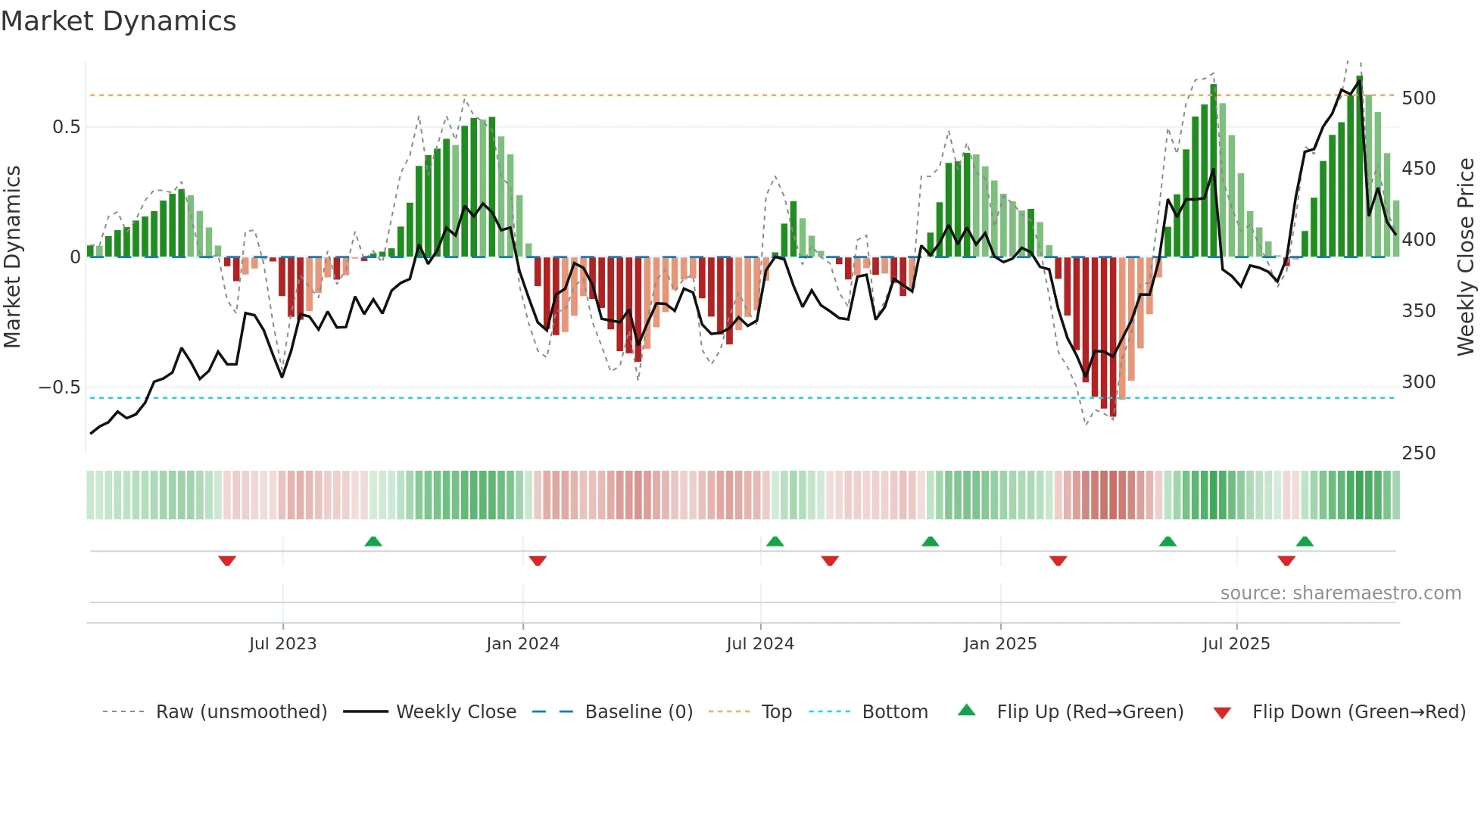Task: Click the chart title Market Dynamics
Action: pos(119,21)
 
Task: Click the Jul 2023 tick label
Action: pos(282,644)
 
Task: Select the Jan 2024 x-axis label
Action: pos(522,644)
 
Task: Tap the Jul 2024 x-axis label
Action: pos(760,644)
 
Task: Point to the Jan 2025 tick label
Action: pos(1000,644)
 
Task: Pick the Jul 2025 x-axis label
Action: pos(1236,644)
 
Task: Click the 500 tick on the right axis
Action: pos(1418,98)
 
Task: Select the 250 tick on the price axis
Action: pos(1418,453)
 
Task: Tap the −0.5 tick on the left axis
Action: pos(60,387)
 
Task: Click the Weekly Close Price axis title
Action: pos(1466,257)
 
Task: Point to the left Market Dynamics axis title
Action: pos(12,257)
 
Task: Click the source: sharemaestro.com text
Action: pos(1340,593)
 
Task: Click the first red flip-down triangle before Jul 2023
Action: pos(227,561)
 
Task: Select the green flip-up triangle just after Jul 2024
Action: pos(775,541)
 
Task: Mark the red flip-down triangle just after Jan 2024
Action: pos(538,561)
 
